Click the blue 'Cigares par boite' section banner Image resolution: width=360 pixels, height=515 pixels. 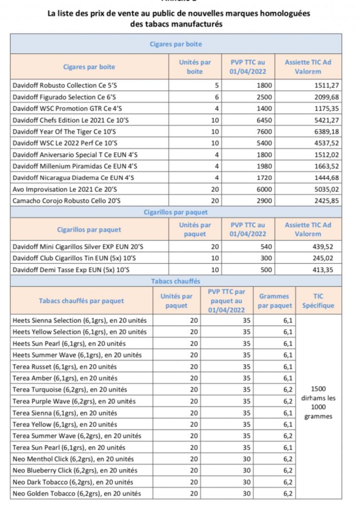tap(176, 44)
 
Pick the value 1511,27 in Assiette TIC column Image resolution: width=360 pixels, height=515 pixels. tap(326, 86)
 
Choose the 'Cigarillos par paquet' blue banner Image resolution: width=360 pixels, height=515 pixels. tap(176, 212)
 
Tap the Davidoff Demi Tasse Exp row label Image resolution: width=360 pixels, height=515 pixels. tap(65, 269)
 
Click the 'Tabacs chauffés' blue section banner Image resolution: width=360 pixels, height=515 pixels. tap(176, 281)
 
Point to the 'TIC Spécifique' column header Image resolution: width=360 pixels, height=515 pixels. tap(318, 301)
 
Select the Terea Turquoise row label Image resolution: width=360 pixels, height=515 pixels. tap(70, 389)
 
